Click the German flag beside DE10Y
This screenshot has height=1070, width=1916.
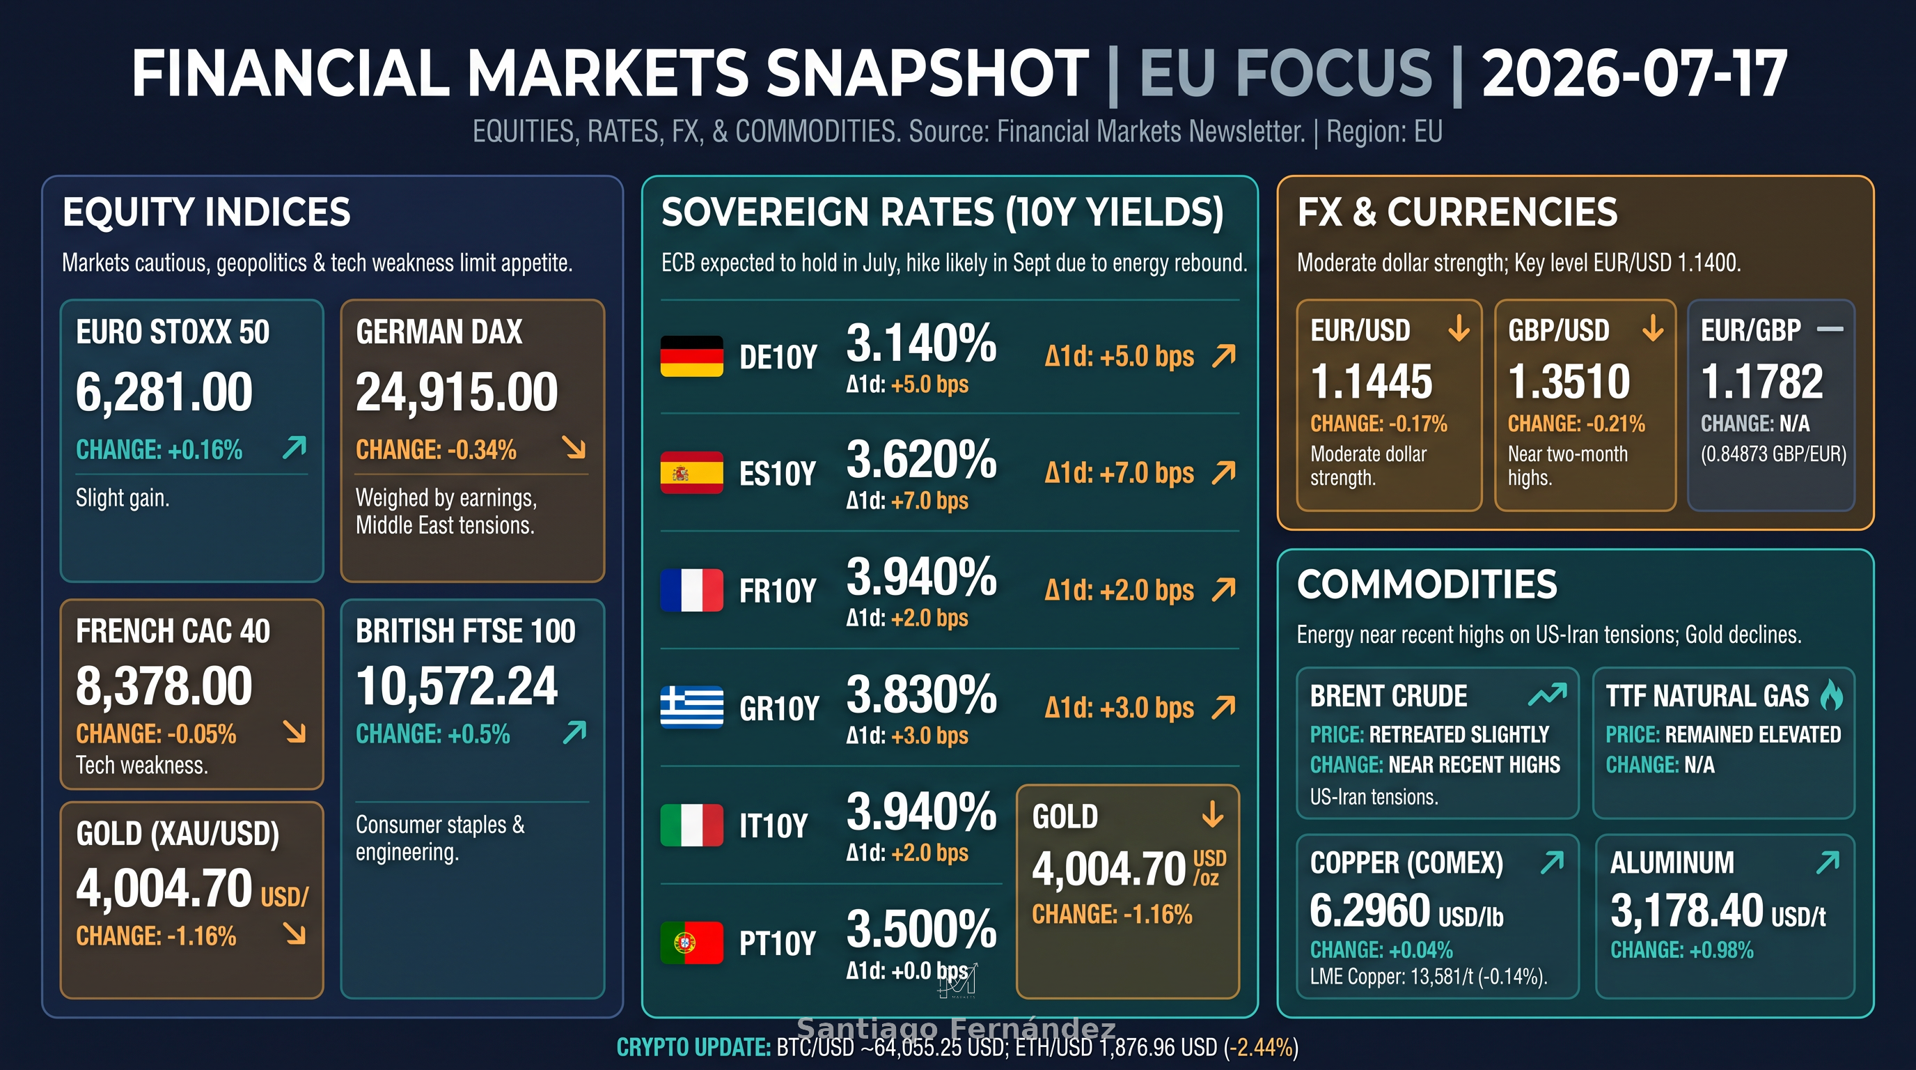[692, 356]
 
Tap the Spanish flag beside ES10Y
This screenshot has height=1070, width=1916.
[692, 472]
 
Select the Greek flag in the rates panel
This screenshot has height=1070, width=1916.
[692, 707]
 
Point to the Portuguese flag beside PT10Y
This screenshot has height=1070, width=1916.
[692, 943]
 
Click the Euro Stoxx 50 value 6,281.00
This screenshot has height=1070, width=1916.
[164, 392]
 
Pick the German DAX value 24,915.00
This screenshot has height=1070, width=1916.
[457, 392]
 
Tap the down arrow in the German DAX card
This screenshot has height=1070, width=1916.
[574, 447]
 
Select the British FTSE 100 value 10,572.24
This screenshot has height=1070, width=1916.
[457, 686]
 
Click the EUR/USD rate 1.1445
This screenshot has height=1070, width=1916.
[1372, 382]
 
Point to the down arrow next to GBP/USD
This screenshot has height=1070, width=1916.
[1653, 327]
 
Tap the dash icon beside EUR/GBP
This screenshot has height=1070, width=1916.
[1830, 329]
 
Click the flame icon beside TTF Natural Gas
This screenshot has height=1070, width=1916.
[1832, 695]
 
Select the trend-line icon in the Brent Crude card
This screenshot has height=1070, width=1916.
[1547, 695]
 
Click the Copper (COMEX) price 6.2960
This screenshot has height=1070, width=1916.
[1370, 910]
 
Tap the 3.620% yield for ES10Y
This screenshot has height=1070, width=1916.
[922, 459]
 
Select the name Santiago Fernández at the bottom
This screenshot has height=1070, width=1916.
[957, 1028]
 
